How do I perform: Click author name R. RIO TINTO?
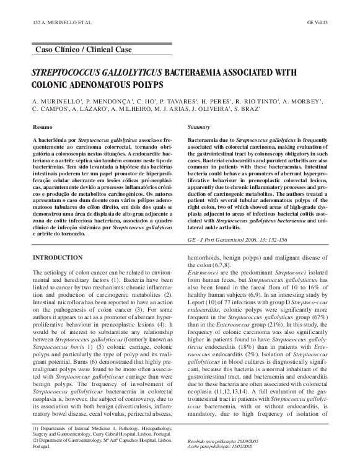pos(255,100)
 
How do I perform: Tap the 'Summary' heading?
pos(199,126)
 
